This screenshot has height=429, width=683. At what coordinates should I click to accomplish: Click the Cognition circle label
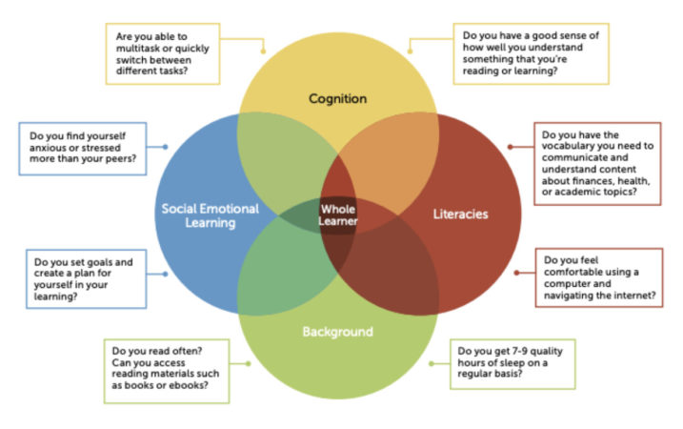pyautogui.click(x=337, y=98)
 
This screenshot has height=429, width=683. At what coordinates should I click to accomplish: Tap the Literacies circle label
pyautogui.click(x=453, y=214)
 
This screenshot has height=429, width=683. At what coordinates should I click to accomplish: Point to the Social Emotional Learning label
pyautogui.click(x=212, y=214)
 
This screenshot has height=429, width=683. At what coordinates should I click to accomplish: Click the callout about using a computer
pyautogui.click(x=598, y=277)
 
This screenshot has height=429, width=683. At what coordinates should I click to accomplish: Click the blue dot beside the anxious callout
pyautogui.click(x=166, y=147)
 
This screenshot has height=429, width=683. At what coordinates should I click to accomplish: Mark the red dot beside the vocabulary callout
pyautogui.click(x=511, y=147)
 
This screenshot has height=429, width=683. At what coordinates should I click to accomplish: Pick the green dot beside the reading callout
pyautogui.click(x=249, y=363)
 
